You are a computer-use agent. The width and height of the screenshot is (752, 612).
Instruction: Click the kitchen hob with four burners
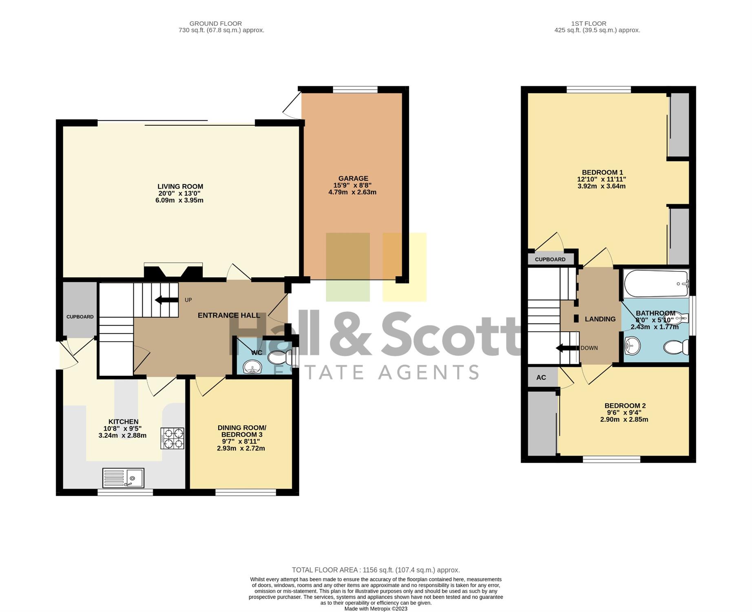tap(173, 438)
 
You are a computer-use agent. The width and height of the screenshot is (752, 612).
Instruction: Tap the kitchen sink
tap(123, 478)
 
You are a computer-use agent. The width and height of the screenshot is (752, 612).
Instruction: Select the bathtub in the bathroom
tap(656, 284)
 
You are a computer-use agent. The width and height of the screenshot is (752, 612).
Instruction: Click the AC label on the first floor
tap(541, 377)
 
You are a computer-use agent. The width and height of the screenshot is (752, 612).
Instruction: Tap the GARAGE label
tap(353, 178)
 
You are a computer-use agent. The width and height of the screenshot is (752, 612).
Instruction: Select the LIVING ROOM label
tap(180, 186)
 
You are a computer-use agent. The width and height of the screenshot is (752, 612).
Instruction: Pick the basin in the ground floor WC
tap(253, 367)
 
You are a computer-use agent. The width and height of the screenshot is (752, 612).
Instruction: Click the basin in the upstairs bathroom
tap(633, 346)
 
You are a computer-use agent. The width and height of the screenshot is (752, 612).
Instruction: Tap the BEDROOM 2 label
tap(625, 406)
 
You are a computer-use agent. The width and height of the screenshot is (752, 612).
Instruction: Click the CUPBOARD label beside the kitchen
tap(80, 317)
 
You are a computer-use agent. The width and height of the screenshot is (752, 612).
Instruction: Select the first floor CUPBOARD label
tap(550, 259)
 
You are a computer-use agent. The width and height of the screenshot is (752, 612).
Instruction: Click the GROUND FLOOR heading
tap(216, 24)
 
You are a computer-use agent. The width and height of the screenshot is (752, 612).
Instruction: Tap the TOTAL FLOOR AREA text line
tap(376, 570)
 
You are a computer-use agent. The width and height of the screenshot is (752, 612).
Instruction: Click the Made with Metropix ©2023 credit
tap(376, 609)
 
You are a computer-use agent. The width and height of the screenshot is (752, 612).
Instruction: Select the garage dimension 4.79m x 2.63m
tap(352, 192)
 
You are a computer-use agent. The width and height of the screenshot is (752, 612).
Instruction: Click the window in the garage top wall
tap(355, 90)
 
